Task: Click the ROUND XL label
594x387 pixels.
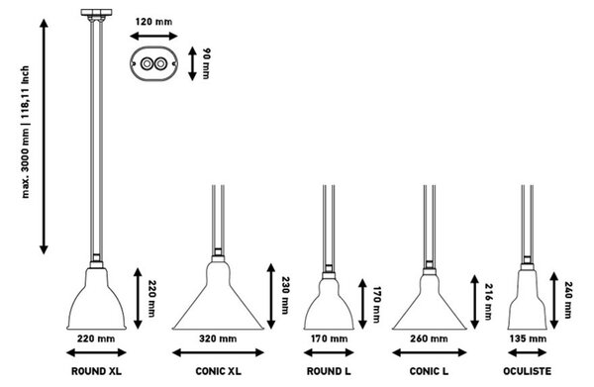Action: pos(97,371)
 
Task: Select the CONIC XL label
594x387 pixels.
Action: pos(218,371)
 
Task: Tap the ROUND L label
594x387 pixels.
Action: pos(329,371)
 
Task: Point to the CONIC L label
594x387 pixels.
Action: pos(429,371)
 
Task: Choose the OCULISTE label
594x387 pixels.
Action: pos(528,371)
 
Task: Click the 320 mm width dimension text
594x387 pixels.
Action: pos(218,339)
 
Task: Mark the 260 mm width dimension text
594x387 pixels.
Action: pos(429,339)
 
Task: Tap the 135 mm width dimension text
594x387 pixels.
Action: pos(528,339)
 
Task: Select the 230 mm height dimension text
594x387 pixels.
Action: pos(285,295)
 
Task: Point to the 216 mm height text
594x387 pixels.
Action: pos(489,302)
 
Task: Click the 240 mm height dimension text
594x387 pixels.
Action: pos(568,300)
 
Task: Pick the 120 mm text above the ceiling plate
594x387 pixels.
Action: pos(153,22)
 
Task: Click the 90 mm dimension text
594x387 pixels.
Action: pos(207,63)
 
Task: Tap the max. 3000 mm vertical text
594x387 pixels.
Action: pos(25,133)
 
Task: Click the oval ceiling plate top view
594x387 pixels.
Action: pos(153,63)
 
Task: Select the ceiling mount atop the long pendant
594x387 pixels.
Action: pos(96,14)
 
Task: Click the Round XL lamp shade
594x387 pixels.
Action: pos(96,299)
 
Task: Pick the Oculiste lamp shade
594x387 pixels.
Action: pos(528,300)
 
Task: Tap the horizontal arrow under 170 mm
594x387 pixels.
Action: pos(329,353)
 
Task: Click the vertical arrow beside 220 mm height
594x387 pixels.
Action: pos(138,298)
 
